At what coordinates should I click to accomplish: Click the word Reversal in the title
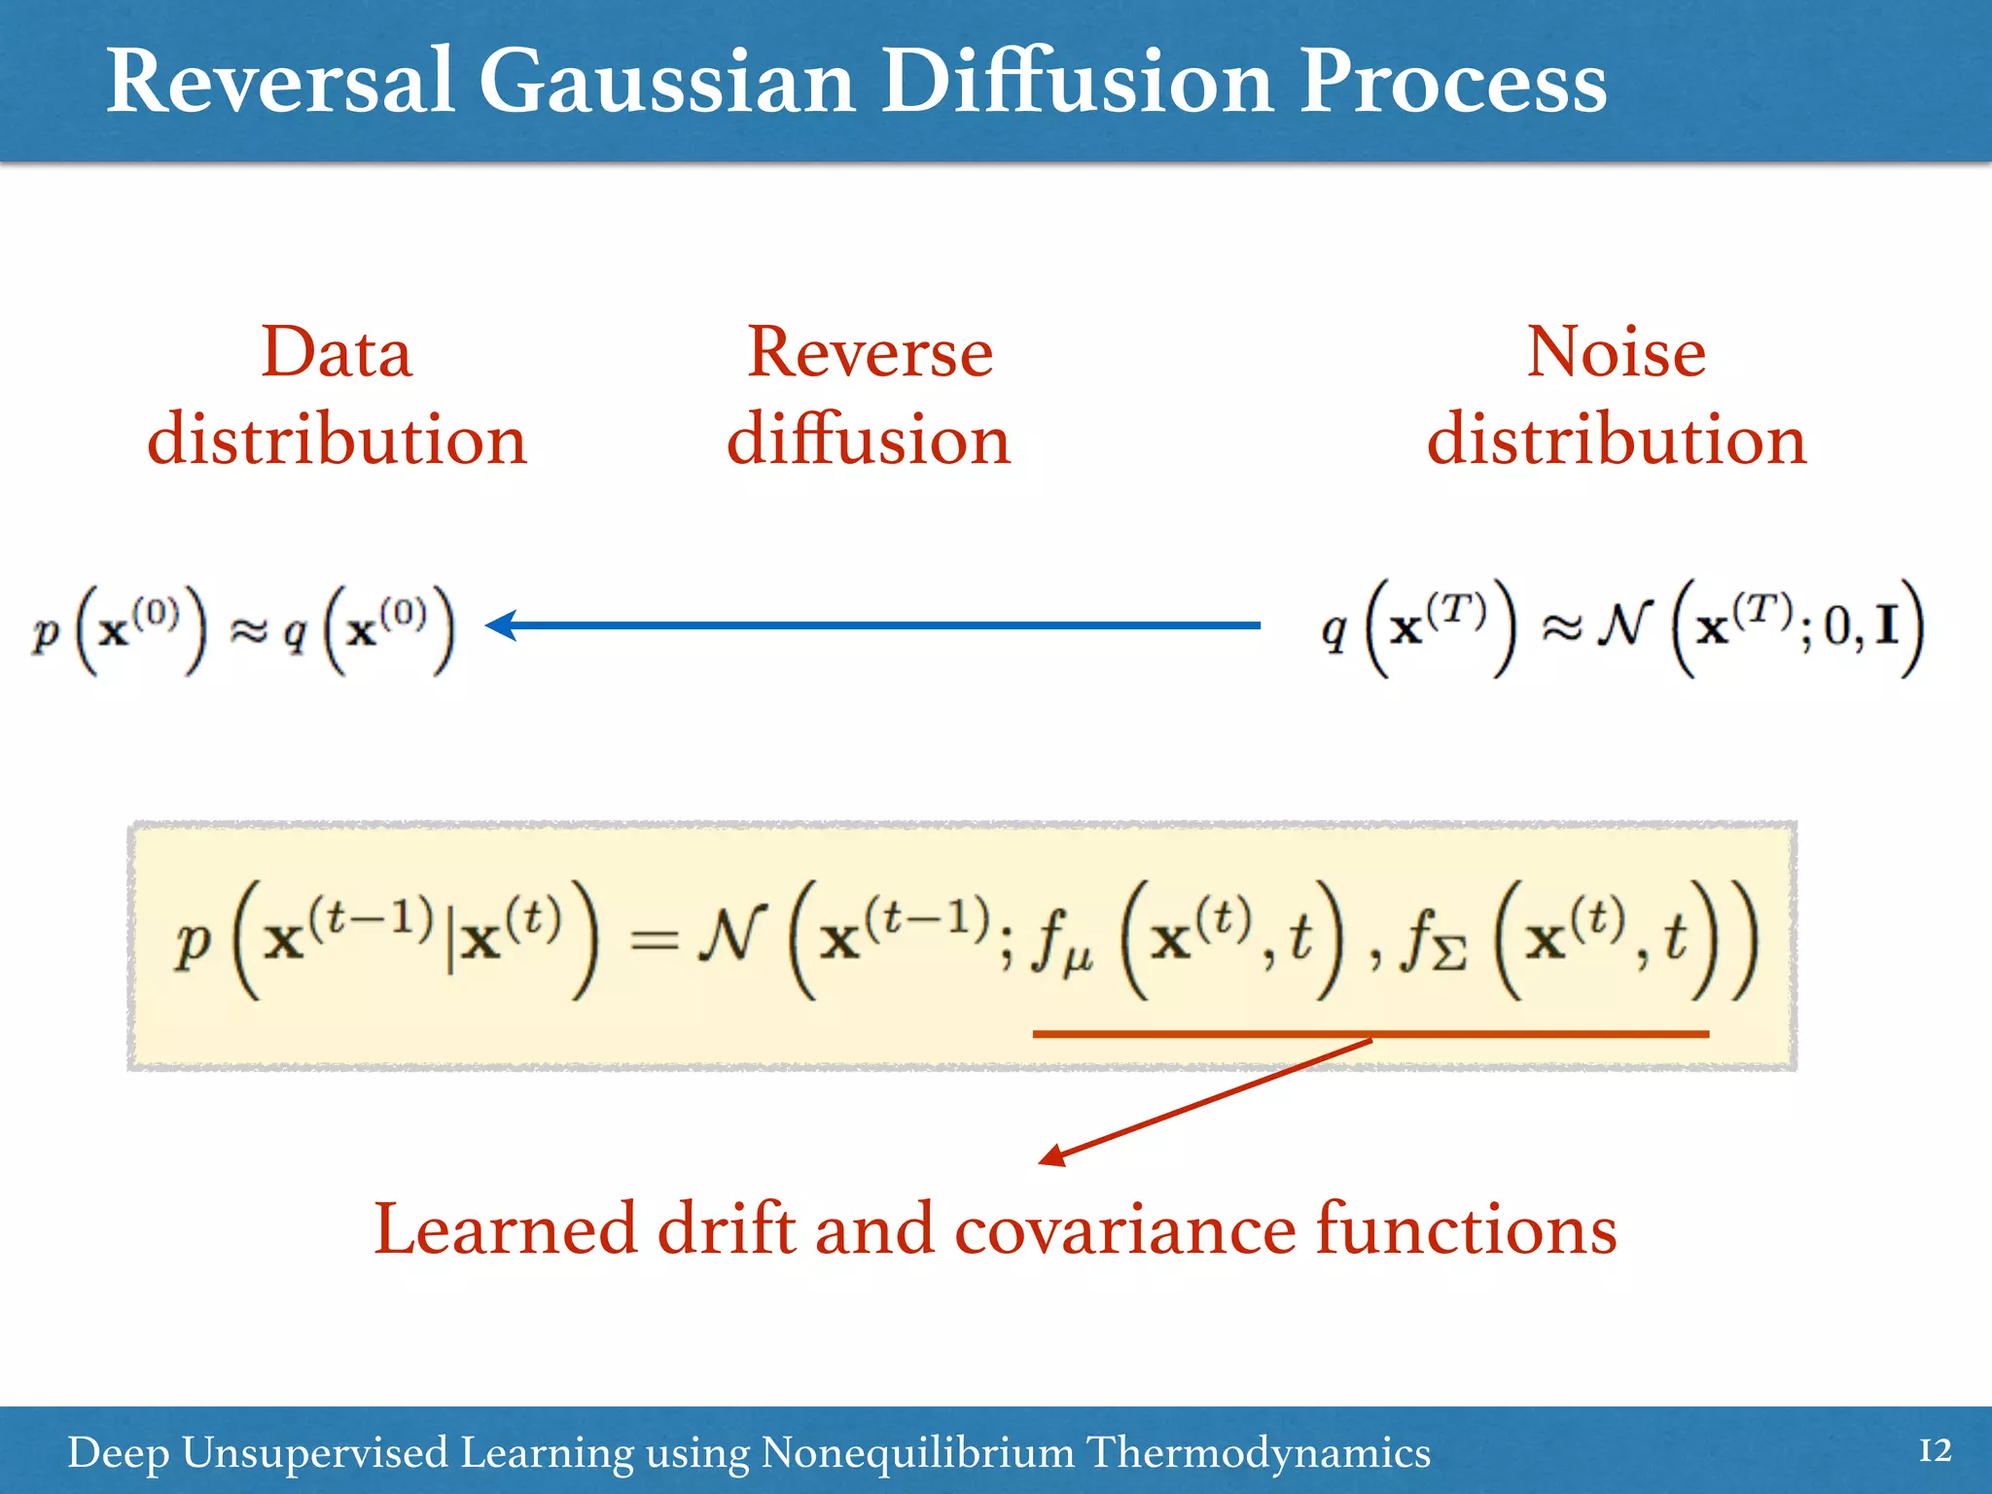coord(280,82)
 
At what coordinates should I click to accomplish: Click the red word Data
coord(337,352)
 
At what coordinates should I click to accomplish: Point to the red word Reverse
coord(870,352)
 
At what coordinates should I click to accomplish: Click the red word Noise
coord(1616,352)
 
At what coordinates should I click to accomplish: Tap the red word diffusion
coord(869,440)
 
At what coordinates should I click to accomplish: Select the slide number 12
coord(1935,1451)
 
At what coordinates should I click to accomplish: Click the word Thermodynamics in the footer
coord(1258,1453)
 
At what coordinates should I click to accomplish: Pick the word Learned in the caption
coord(505,1229)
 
